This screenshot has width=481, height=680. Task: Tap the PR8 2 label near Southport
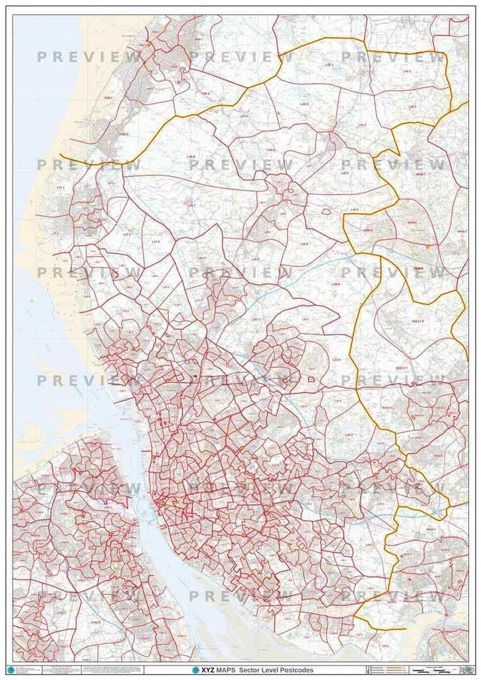point(124,133)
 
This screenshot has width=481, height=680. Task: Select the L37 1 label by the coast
point(60,188)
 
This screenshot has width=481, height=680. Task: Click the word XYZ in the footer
point(207,670)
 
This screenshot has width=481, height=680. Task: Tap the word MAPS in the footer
point(227,670)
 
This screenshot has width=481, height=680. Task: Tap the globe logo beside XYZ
point(195,670)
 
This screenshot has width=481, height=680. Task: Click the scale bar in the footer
point(434,669)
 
